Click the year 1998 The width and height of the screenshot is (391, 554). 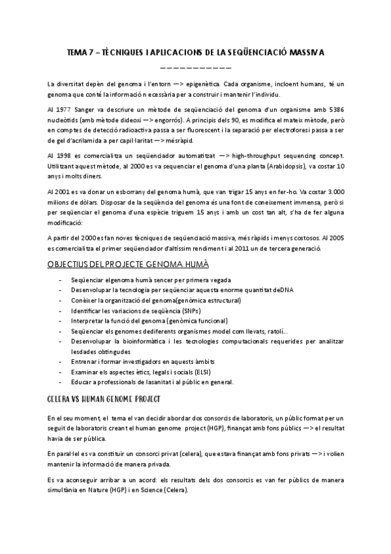coord(63,156)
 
